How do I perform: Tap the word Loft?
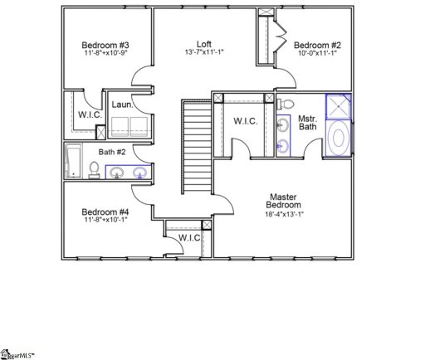point(204,44)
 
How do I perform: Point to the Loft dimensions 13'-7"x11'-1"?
point(204,53)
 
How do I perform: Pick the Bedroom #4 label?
point(105,212)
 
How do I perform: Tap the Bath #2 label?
point(112,152)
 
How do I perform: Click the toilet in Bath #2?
point(94,170)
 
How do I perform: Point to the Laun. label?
point(123,105)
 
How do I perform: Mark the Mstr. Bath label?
point(308,123)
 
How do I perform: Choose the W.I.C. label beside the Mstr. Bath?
point(245,122)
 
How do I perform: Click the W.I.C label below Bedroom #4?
point(190,239)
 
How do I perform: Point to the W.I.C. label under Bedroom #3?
point(90,114)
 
